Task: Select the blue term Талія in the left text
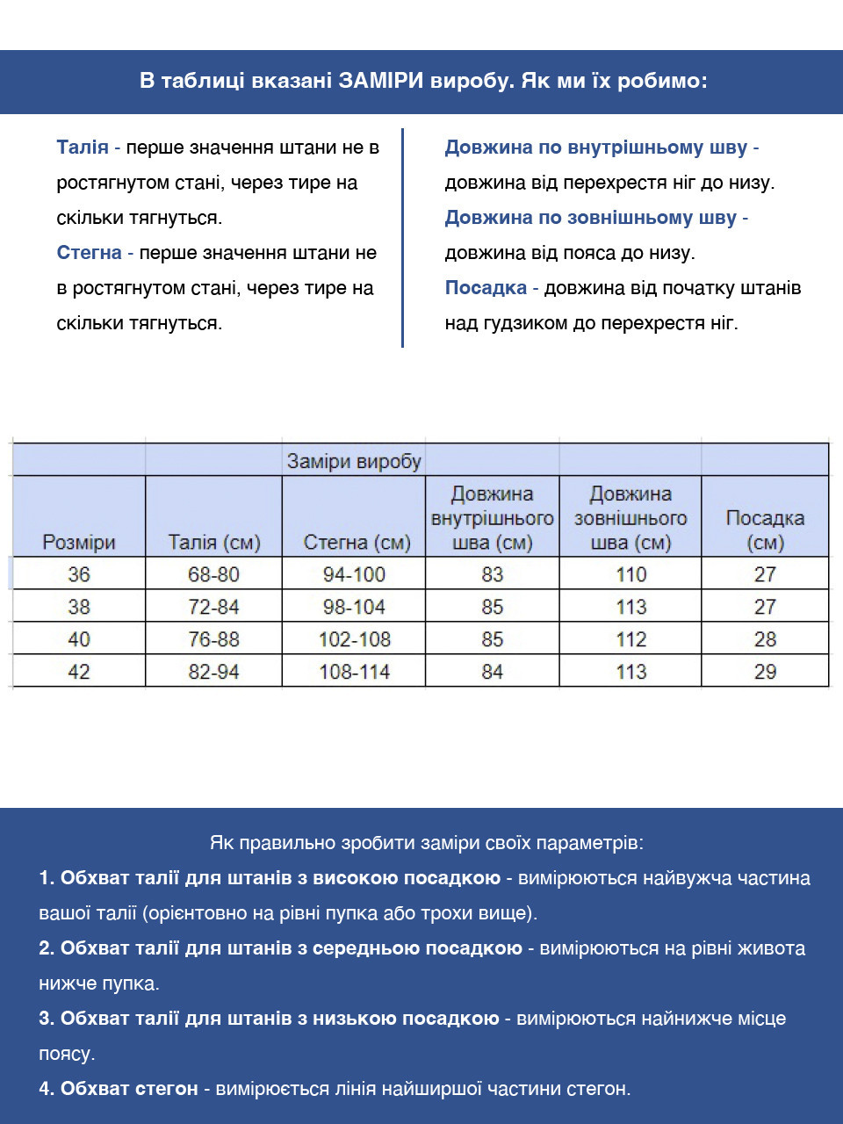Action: coord(83,148)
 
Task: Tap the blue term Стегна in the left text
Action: coord(89,253)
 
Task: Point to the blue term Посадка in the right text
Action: coord(486,288)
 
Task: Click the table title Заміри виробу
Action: coord(354,461)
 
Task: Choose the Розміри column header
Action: coord(79,543)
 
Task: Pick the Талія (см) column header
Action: coord(214,543)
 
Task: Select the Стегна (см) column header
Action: coord(357,543)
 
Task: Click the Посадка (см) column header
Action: coord(765,530)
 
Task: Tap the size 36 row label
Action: coord(79,574)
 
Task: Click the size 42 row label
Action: coord(79,672)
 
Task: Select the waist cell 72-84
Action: coord(213,607)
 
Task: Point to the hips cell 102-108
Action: coord(354,639)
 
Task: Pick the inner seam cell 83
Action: coord(492,574)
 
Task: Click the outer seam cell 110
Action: coord(630,574)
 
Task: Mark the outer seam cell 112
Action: coord(630,639)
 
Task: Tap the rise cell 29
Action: coord(765,672)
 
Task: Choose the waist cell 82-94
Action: coord(213,672)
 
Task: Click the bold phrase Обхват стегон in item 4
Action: coord(129,1089)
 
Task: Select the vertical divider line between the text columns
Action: coord(402,237)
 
